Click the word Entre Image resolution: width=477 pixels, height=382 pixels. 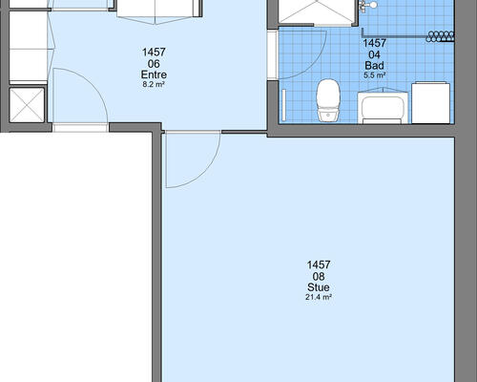[154, 74]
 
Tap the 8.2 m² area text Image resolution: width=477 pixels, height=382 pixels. [154, 85]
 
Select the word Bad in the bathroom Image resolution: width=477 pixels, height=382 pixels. [374, 66]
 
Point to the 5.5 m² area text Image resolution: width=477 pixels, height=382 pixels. [375, 75]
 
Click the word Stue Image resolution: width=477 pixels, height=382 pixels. [319, 287]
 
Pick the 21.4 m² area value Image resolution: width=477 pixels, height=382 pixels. [319, 297]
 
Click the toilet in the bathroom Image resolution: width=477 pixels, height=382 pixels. [328, 100]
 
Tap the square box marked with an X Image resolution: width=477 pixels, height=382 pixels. [27, 105]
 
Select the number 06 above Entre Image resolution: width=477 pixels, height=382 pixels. [154, 64]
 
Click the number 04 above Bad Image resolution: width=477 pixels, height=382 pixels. [374, 54]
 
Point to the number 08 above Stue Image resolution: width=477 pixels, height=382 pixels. [319, 276]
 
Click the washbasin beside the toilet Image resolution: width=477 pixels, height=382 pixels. [383, 106]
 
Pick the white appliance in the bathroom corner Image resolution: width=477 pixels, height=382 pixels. [431, 103]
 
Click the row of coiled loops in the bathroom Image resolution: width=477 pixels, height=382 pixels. [440, 36]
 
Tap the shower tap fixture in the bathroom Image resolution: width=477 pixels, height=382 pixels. [367, 6]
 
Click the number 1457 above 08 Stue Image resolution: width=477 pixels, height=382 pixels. [319, 265]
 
